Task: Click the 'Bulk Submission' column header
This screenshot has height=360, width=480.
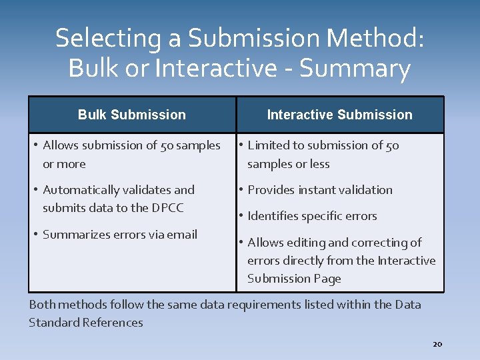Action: [131, 115]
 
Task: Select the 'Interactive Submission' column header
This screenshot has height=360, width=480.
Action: [339, 115]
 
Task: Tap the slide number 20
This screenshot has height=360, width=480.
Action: [437, 344]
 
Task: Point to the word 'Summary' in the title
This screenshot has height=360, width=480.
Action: [355, 69]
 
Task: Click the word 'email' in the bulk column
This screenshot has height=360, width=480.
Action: [182, 235]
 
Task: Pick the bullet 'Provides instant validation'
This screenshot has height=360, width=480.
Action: [320, 190]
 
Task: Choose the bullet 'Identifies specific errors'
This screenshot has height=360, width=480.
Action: [312, 216]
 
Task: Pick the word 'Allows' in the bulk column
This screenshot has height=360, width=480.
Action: [61, 145]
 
